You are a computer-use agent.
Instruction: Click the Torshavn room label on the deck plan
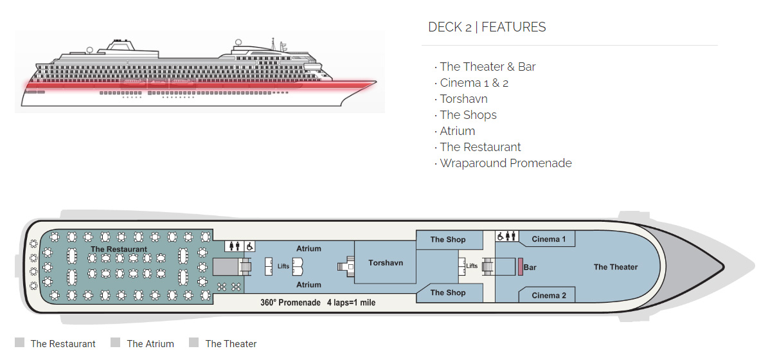[x=386, y=262]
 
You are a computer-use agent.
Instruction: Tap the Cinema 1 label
[x=549, y=239]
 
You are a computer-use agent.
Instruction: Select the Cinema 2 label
[x=549, y=295]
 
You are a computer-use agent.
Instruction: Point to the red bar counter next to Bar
[x=520, y=267]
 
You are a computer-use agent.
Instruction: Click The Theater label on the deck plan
[x=615, y=267]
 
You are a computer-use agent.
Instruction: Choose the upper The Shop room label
[x=448, y=239]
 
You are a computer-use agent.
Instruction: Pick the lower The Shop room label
[x=448, y=292]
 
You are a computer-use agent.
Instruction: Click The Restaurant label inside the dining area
[x=119, y=249]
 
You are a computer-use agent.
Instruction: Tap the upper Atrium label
[x=308, y=248]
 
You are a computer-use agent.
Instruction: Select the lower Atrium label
[x=308, y=284]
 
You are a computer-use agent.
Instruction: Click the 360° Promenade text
[x=290, y=302]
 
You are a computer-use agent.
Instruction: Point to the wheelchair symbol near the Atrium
[x=249, y=246]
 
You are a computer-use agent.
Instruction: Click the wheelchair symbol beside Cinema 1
[x=500, y=236]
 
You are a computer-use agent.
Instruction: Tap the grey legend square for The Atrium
[x=116, y=343]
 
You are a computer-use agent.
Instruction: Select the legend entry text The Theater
[x=231, y=344]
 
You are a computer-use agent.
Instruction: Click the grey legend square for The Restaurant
[x=19, y=343]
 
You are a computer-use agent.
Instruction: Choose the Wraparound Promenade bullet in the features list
[x=505, y=163]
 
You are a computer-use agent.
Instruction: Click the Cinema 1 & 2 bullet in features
[x=474, y=83]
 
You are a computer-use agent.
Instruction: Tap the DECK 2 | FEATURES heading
[x=487, y=27]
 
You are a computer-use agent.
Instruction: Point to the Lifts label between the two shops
[x=472, y=265]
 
